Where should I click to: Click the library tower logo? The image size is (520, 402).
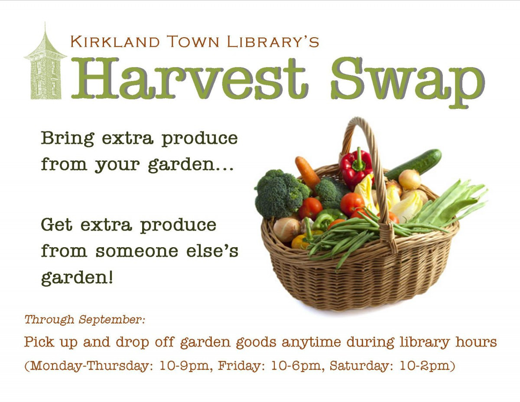pos(45,65)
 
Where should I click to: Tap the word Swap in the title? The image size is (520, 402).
pos(407,82)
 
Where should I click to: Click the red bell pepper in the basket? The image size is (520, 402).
pos(356,169)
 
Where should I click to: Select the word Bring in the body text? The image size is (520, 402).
pos(68,139)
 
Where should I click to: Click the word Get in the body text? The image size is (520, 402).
pos(57,225)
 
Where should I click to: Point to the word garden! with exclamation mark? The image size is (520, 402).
pos(77,278)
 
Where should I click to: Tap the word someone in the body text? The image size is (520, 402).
pos(137,251)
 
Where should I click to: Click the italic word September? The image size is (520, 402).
pos(112,320)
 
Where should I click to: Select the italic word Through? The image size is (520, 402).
pos(49,320)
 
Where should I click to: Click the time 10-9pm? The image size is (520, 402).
pos(184,366)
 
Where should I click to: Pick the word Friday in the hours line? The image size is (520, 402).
pos(242,366)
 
